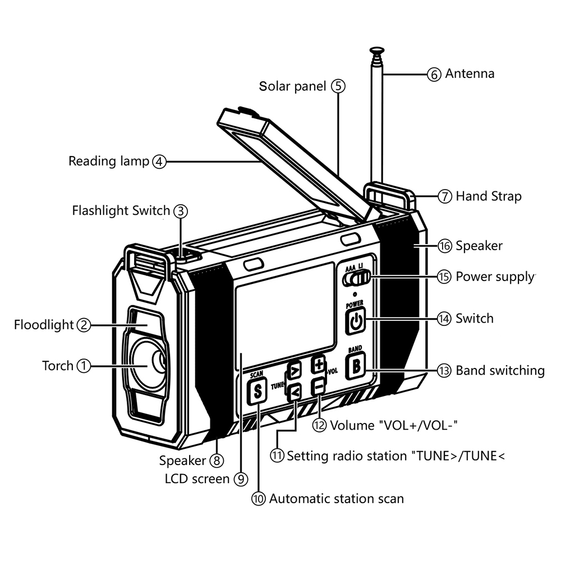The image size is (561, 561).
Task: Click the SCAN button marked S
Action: pyautogui.click(x=257, y=392)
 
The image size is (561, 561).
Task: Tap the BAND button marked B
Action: pyautogui.click(x=356, y=367)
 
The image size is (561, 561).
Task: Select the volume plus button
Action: pyautogui.click(x=319, y=365)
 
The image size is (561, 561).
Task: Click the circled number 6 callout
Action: pyautogui.click(x=435, y=75)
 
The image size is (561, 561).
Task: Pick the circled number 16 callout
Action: pyautogui.click(x=445, y=246)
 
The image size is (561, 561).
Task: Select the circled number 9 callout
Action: pyautogui.click(x=241, y=479)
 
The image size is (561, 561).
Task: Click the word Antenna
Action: pyautogui.click(x=470, y=73)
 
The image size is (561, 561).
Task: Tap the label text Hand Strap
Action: pyautogui.click(x=489, y=196)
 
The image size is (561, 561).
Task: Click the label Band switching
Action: pyautogui.click(x=500, y=370)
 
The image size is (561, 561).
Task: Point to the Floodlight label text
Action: pyautogui.click(x=44, y=325)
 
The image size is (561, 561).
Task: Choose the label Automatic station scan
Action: pyautogui.click(x=337, y=498)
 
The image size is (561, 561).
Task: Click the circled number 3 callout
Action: pyautogui.click(x=180, y=211)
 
